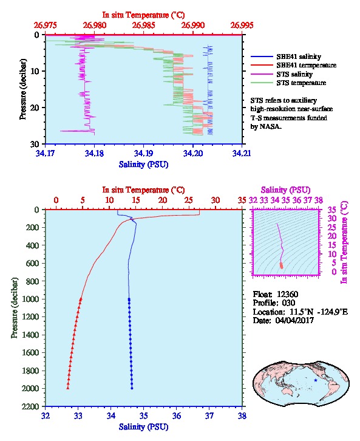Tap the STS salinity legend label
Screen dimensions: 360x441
[294, 74]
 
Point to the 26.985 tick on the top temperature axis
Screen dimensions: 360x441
[144, 26]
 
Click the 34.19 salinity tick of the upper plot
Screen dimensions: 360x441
[144, 153]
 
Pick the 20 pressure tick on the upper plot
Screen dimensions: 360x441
[35, 108]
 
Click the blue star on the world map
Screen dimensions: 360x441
[316, 380]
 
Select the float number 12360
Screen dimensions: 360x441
[288, 294]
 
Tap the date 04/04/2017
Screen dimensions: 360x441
[294, 320]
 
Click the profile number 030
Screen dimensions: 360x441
[288, 303]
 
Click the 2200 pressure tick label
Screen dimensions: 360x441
[31, 406]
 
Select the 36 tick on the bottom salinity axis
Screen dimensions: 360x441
[177, 415]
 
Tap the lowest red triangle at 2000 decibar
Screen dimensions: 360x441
[68, 388]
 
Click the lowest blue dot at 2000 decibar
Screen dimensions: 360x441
[132, 388]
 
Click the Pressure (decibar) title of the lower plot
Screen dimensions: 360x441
[15, 308]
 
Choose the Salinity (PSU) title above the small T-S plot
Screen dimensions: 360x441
[285, 190]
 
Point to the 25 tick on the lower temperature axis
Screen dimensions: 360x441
[189, 200]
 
